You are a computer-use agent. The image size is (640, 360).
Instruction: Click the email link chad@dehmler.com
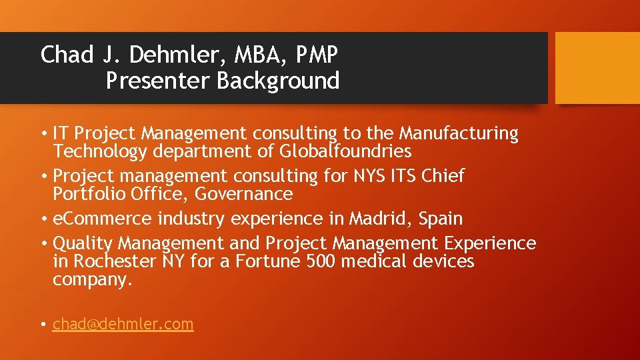tap(123, 324)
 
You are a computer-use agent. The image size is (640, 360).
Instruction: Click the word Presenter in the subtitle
tap(158, 81)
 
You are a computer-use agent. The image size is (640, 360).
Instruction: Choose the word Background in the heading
tap(278, 81)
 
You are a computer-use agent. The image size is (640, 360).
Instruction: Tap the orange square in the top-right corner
tap(597, 68)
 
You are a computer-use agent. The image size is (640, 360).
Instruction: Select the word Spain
tap(440, 219)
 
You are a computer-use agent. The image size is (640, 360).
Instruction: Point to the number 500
tap(321, 261)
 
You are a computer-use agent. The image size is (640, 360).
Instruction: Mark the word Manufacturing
tap(458, 133)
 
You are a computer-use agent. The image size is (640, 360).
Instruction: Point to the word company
tap(92, 280)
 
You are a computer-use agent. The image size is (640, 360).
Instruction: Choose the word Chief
tap(442, 176)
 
